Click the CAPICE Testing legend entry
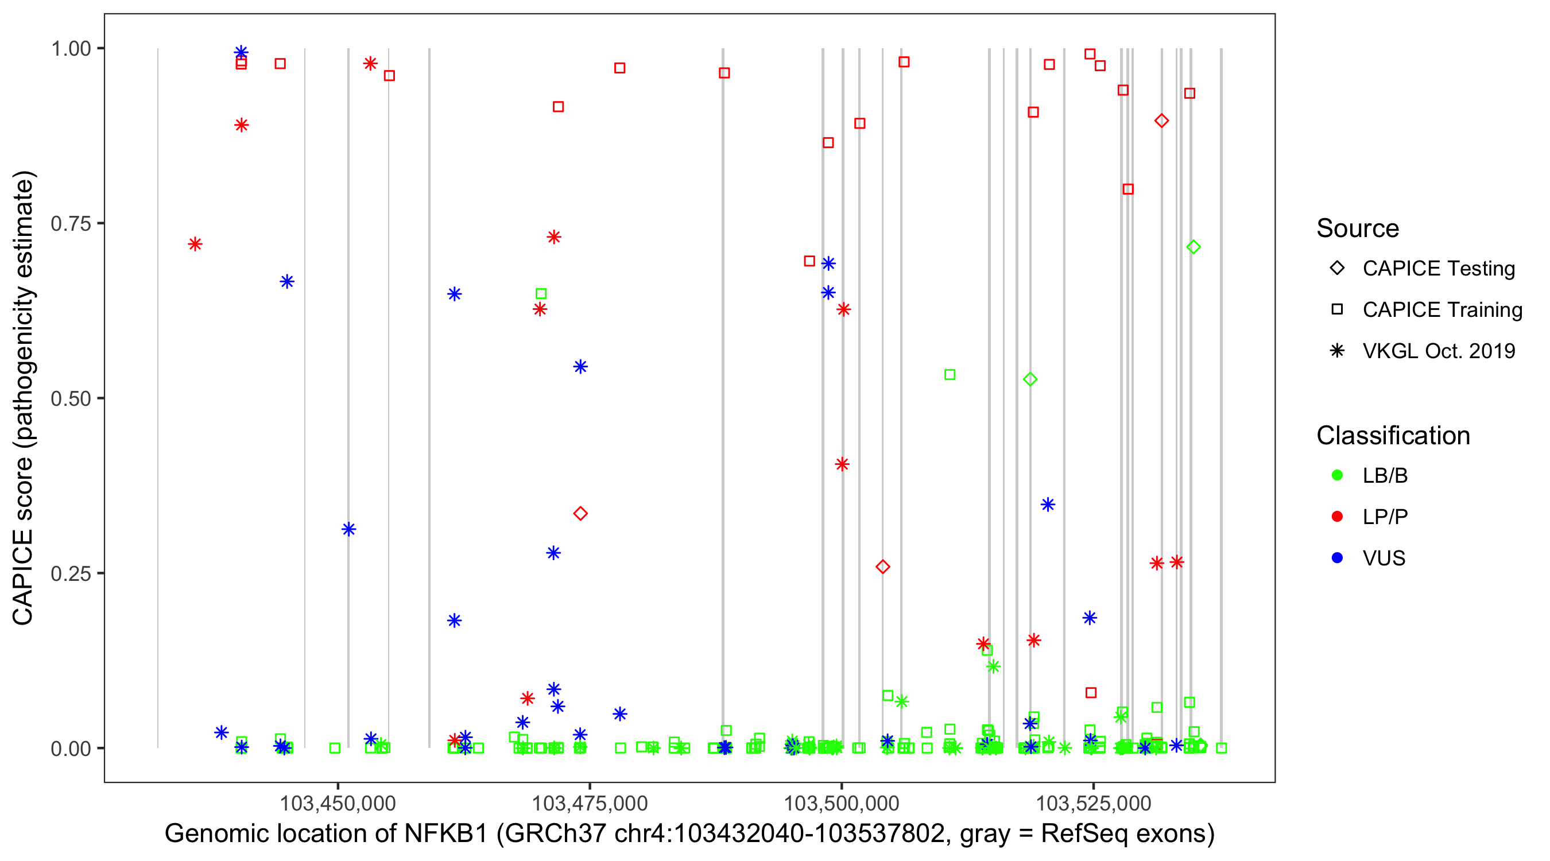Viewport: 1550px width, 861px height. [x=1437, y=269]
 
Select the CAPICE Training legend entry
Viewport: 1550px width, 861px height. [x=1441, y=310]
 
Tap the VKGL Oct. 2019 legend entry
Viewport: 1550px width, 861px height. [x=1438, y=351]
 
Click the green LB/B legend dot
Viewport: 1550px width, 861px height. [x=1337, y=475]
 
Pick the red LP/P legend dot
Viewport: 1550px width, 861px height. [x=1337, y=517]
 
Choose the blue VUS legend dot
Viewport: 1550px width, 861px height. [x=1337, y=558]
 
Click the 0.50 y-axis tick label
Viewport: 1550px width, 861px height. [x=71, y=398]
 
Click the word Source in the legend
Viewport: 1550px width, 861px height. [x=1358, y=228]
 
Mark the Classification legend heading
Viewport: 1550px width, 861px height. [x=1393, y=436]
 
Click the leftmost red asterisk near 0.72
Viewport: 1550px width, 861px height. [x=195, y=244]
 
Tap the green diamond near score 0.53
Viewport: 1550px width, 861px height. [x=1030, y=379]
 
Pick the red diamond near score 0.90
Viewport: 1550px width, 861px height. [x=1161, y=121]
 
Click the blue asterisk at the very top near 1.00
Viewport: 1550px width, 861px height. [x=241, y=52]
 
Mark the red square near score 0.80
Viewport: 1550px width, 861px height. [x=1128, y=189]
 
